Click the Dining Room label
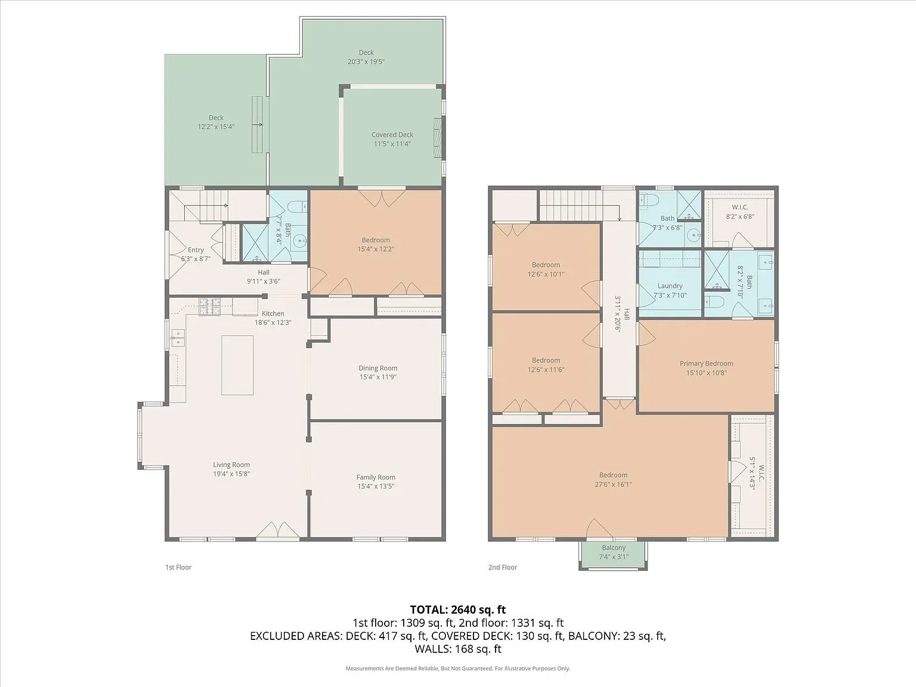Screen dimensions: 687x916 pos(377,368)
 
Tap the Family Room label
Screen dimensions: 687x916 pos(376,477)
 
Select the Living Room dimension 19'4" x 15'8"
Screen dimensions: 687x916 pos(231,474)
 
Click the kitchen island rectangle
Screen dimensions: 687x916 pos(237,365)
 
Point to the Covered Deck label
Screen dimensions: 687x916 pos(392,135)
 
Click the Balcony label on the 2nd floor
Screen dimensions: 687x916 pos(614,547)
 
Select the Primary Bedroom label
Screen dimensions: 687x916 pos(706,363)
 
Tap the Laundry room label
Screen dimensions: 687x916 pos(670,286)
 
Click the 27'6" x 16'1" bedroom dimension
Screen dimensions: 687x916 pos(613,484)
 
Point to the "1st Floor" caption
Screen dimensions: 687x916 pos(178,567)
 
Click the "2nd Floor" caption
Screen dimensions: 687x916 pos(503,567)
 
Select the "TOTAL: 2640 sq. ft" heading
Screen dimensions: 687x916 pos(457,609)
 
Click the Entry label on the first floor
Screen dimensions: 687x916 pos(196,250)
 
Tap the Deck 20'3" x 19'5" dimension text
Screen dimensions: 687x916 pos(366,61)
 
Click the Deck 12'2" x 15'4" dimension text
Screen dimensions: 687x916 pos(216,126)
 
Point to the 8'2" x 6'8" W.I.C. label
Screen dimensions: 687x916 pos(739,216)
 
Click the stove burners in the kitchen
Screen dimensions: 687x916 pos(209,306)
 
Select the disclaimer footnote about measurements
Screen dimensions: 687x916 pos(457,669)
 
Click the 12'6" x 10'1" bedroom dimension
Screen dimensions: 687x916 pos(546,274)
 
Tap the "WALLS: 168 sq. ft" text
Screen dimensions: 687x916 pos(457,649)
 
